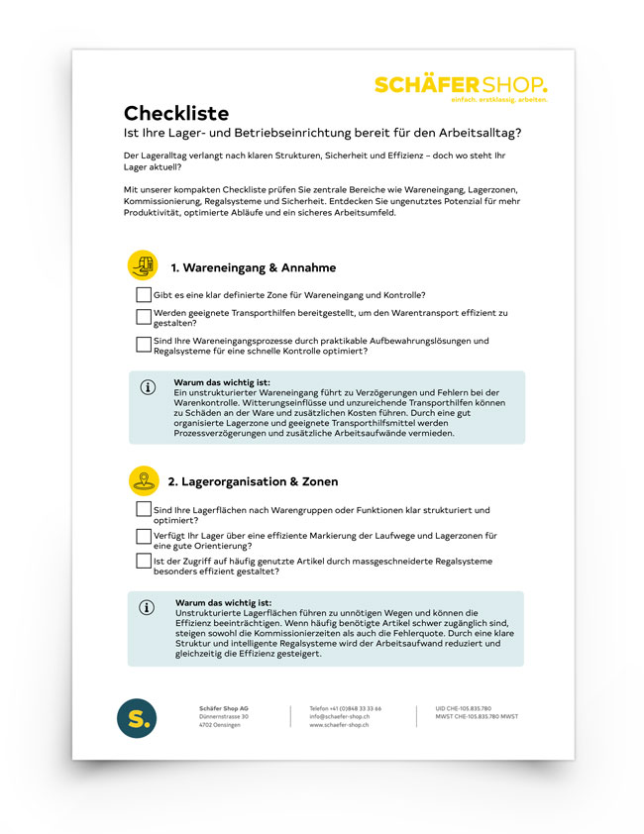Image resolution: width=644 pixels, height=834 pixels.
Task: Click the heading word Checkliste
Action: [x=176, y=113]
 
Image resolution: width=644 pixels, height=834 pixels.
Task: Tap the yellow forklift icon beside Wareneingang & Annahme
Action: [x=143, y=265]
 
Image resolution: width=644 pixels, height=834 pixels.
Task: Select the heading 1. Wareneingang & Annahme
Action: [x=253, y=267]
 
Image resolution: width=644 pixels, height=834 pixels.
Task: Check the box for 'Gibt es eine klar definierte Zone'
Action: [x=144, y=294]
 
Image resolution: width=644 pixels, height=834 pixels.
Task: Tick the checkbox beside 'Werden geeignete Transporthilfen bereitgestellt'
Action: [x=144, y=316]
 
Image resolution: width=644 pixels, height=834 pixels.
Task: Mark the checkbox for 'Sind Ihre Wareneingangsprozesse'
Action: [x=144, y=345]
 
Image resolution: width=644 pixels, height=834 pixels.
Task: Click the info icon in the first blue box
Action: [x=149, y=387]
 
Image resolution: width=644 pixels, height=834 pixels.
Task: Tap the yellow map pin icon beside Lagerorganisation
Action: [x=144, y=480]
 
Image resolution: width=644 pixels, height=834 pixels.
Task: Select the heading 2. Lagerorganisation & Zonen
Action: [x=253, y=481]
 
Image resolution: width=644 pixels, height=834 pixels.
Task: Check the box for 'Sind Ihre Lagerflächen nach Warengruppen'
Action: [x=144, y=509]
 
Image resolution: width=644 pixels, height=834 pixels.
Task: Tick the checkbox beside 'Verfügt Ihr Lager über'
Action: [x=144, y=536]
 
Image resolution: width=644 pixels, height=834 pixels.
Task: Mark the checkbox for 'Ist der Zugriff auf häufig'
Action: [x=144, y=561]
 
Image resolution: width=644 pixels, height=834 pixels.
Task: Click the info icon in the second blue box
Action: [x=148, y=607]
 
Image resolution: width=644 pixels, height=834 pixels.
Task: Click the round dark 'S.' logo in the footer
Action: [x=136, y=717]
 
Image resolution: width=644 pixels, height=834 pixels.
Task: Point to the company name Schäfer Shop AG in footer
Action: [x=219, y=708]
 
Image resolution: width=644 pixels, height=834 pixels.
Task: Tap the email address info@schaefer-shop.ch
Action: [x=340, y=717]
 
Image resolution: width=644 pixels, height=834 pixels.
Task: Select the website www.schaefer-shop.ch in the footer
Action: [x=339, y=726]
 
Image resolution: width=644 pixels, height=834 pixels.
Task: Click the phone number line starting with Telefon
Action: [x=345, y=708]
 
